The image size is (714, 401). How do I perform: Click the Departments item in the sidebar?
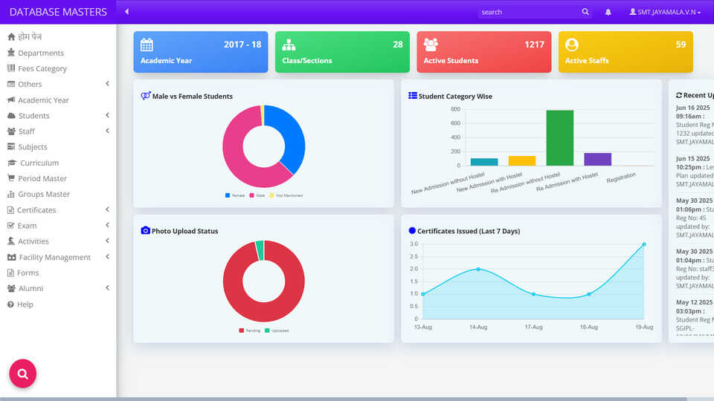coord(41,53)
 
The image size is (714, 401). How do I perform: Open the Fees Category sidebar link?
coord(42,68)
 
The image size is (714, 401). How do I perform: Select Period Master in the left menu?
coord(42,178)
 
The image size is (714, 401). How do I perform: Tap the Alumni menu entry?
coord(30,288)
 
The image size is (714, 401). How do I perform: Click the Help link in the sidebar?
coord(25,304)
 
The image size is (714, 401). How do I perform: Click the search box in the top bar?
coord(528,12)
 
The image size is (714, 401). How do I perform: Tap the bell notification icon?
coord(608,12)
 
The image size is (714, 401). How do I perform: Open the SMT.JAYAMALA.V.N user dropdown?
coord(665,12)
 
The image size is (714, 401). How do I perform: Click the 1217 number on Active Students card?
coord(534,45)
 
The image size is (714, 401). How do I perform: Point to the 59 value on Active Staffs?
coord(681,45)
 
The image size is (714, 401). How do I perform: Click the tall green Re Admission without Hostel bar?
coord(559,137)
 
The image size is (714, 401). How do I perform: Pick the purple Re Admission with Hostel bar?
coord(597,159)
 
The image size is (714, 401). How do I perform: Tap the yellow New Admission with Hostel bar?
coord(521,160)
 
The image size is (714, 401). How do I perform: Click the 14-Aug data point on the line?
coord(478,269)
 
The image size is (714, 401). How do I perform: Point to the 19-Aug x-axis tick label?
coord(643,327)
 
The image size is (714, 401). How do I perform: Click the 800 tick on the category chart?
coord(455,109)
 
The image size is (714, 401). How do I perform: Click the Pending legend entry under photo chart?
coord(250,330)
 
